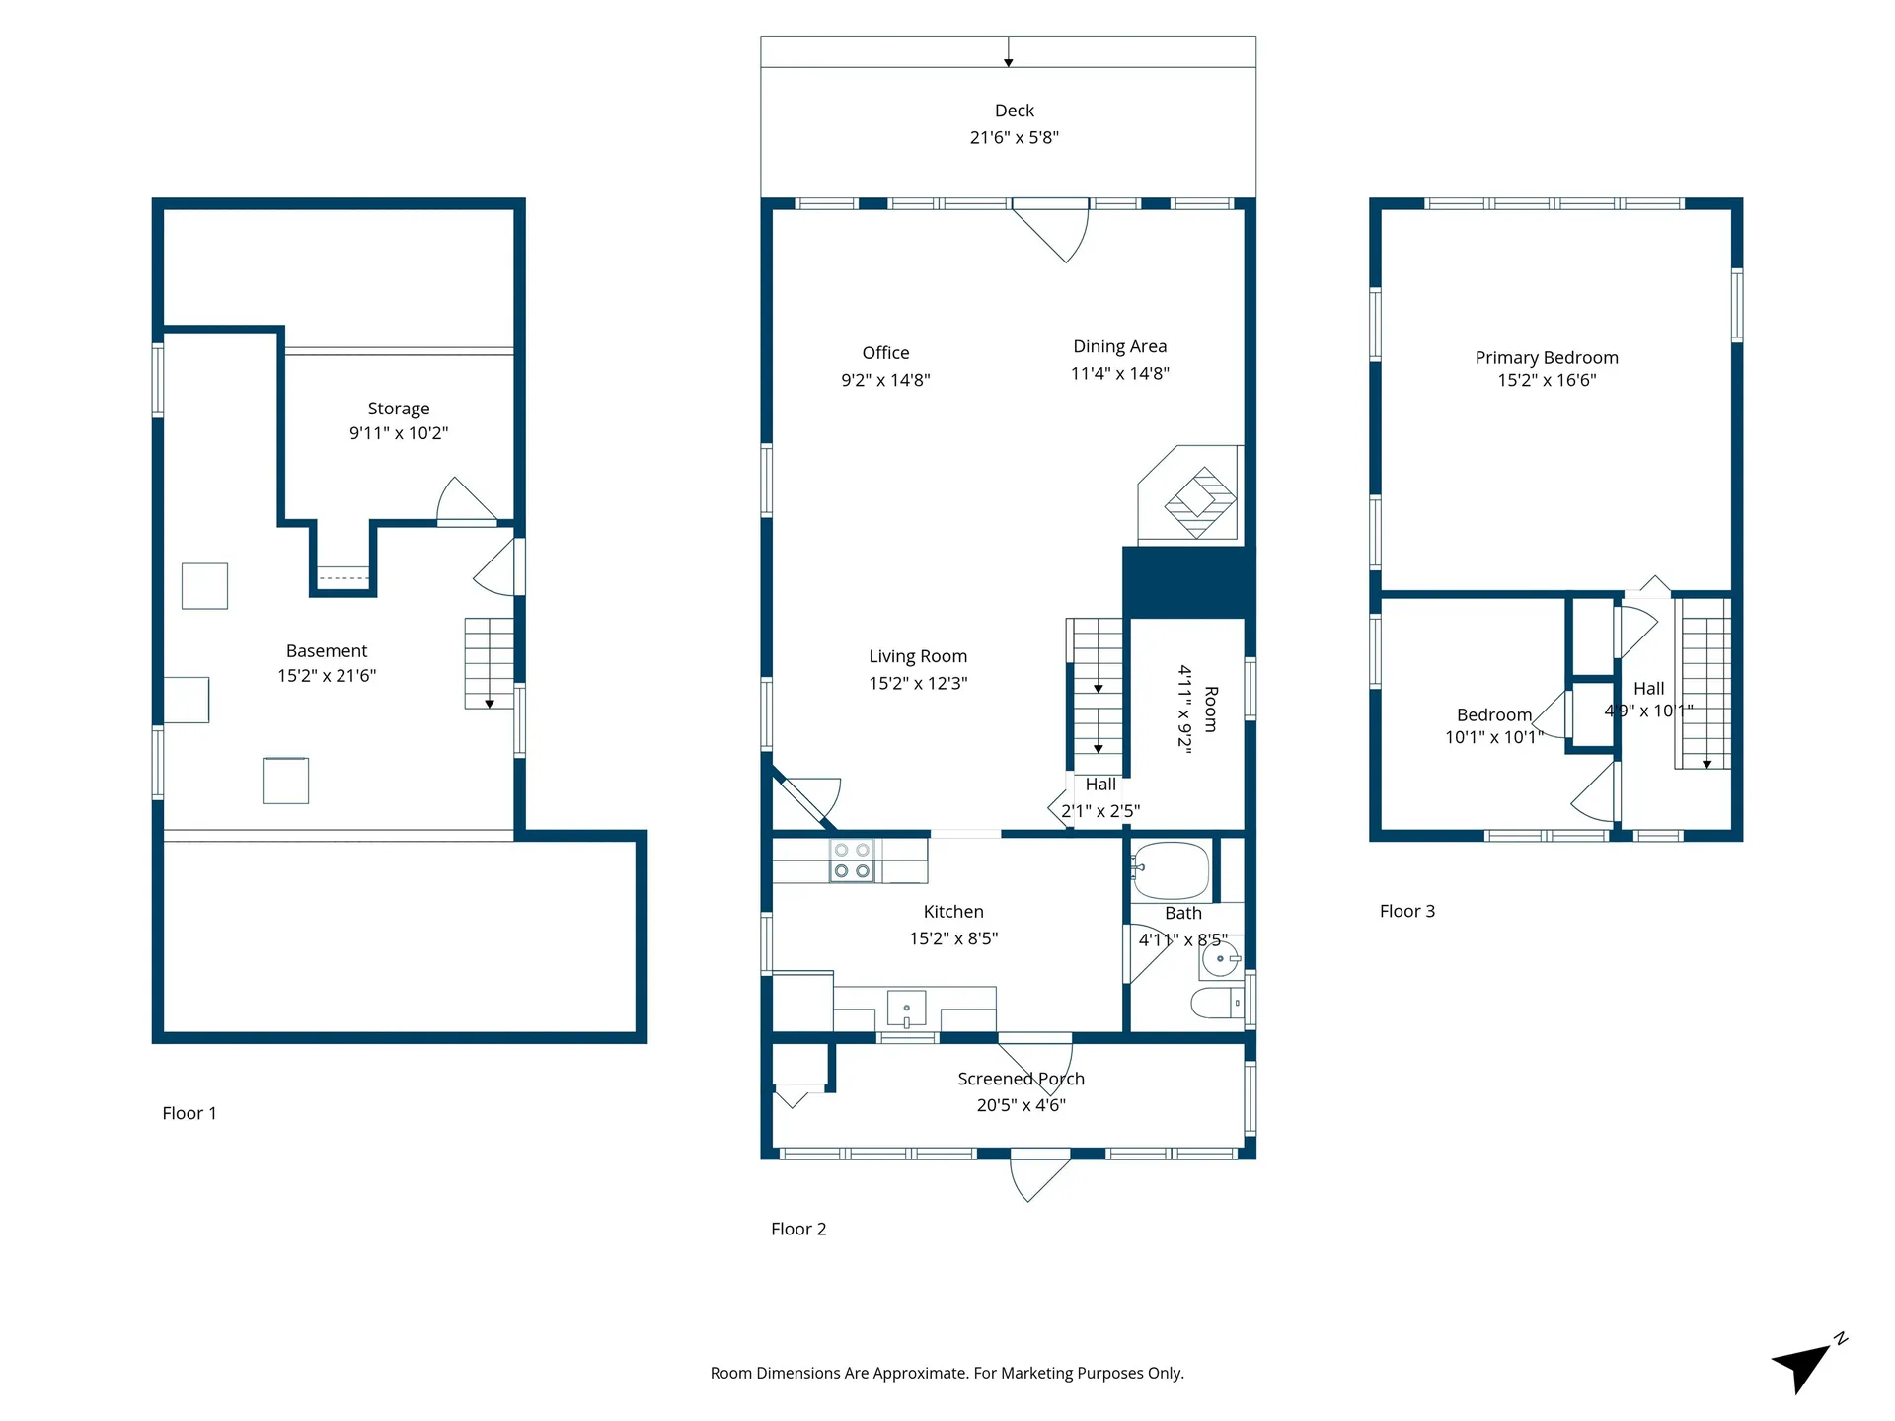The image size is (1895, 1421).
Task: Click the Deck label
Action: [1014, 111]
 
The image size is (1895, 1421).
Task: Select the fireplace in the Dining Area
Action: [1199, 502]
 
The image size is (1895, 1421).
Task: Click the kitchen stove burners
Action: [852, 860]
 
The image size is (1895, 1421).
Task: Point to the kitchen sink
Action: [906, 1010]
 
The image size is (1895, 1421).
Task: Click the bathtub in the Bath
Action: [1171, 870]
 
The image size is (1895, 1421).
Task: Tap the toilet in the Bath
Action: [1216, 1004]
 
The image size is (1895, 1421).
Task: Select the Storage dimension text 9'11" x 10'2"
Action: [399, 433]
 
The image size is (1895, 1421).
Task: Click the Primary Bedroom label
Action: [1547, 358]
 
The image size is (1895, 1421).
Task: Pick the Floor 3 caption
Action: [1406, 911]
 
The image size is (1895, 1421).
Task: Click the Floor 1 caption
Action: [189, 1113]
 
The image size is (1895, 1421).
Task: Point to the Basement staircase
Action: [489, 663]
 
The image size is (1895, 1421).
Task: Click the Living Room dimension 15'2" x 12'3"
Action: [918, 683]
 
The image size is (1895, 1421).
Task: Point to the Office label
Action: [885, 353]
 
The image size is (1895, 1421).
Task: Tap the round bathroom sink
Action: [1220, 958]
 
